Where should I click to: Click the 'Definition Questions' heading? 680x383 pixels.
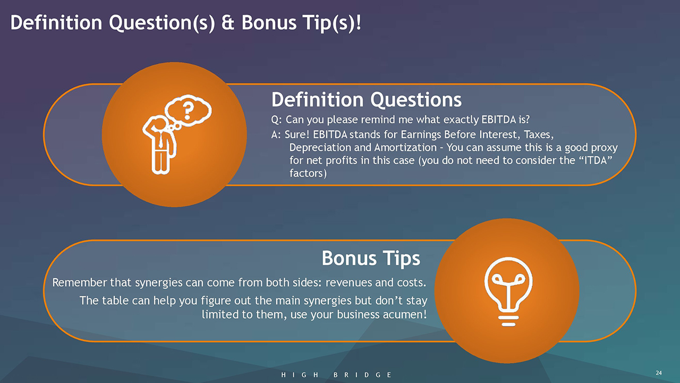pyautogui.click(x=367, y=99)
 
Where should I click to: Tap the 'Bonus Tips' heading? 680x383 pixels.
pyautogui.click(x=371, y=259)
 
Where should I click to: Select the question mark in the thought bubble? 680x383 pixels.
pyautogui.click(x=188, y=111)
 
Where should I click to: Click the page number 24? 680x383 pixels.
pyautogui.click(x=658, y=373)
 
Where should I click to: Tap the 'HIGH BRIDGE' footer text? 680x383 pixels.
pyautogui.click(x=336, y=375)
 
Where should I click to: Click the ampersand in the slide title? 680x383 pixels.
pyautogui.click(x=228, y=23)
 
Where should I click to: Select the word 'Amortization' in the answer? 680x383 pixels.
pyautogui.click(x=405, y=147)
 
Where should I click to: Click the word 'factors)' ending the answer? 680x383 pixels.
pyautogui.click(x=308, y=173)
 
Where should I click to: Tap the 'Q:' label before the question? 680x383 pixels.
pyautogui.click(x=276, y=120)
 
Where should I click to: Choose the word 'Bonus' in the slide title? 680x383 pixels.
pyautogui.click(x=269, y=23)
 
